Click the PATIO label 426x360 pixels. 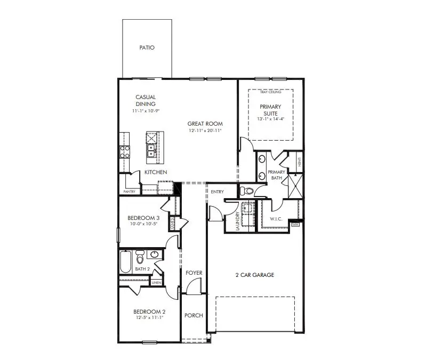pos(147,48)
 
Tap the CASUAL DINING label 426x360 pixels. pos(146,101)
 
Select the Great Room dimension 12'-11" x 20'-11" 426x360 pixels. pos(204,130)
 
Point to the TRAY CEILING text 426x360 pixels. pos(270,92)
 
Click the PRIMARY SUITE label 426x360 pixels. pos(270,110)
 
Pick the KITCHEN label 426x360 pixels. pos(156,173)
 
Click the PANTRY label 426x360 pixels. pos(130,192)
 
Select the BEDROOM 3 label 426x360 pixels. pos(143,218)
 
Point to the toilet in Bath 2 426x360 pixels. pos(140,258)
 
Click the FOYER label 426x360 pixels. pos(194,273)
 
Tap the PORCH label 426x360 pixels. pos(194,315)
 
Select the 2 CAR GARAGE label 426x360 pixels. pos(254,275)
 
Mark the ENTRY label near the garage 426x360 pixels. pos(217,192)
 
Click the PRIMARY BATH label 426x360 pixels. pos(277,175)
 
